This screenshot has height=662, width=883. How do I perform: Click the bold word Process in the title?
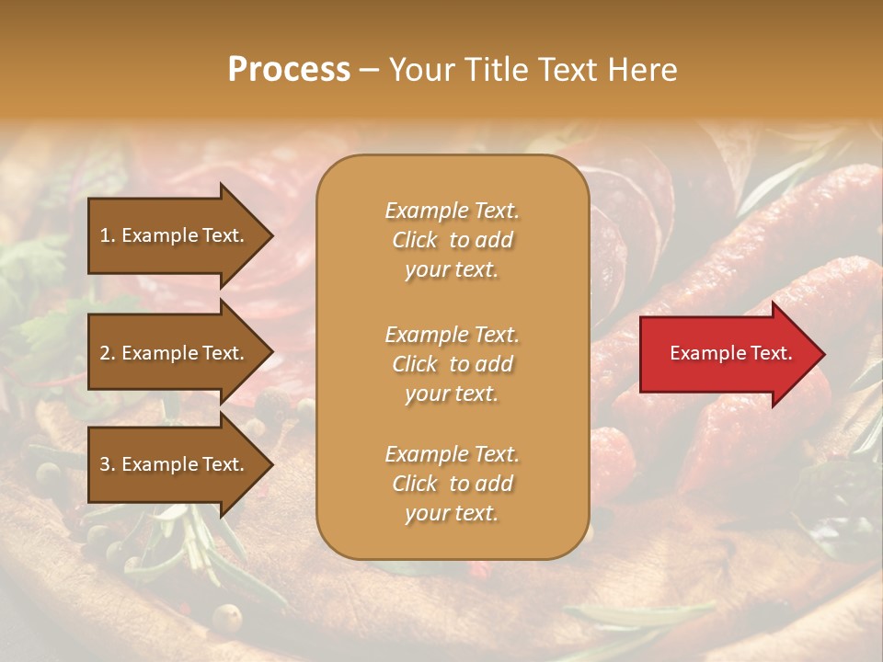click(x=289, y=70)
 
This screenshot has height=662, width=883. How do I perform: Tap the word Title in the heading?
click(x=495, y=70)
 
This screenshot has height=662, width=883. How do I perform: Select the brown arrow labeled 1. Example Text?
click(x=175, y=235)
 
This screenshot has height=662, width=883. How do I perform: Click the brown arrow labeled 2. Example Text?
click(x=175, y=353)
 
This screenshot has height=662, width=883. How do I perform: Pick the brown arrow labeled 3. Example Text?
click(x=175, y=464)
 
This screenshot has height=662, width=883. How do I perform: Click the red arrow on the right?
click(x=727, y=354)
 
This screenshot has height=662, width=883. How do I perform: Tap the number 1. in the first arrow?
click(x=108, y=235)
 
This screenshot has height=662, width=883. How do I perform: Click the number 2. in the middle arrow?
click(x=108, y=353)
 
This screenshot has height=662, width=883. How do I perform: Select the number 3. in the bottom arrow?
click(x=108, y=464)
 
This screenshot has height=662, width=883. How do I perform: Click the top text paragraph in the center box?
click(x=452, y=240)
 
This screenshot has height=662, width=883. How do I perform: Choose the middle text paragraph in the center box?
click(x=452, y=364)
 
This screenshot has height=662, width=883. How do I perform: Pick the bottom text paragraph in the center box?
click(x=452, y=484)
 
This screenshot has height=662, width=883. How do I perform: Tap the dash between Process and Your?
click(x=369, y=70)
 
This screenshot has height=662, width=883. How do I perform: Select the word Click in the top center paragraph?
click(x=415, y=240)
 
